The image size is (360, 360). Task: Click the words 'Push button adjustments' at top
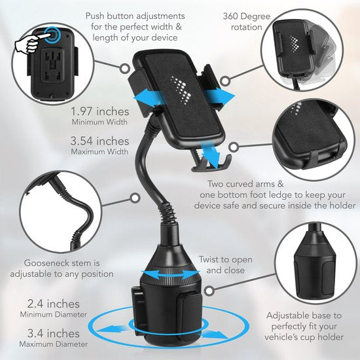[133, 14]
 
